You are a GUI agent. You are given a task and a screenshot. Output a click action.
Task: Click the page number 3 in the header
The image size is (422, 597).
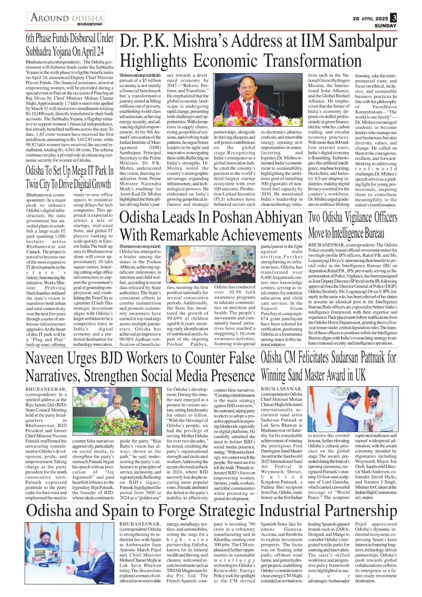[x=393, y=18]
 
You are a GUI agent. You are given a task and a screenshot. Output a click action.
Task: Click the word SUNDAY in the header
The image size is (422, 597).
[x=385, y=26]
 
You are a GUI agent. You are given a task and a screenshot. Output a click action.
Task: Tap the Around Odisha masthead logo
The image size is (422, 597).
[x=66, y=18]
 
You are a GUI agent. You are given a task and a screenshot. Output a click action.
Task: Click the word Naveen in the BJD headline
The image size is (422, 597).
[x=45, y=359]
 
